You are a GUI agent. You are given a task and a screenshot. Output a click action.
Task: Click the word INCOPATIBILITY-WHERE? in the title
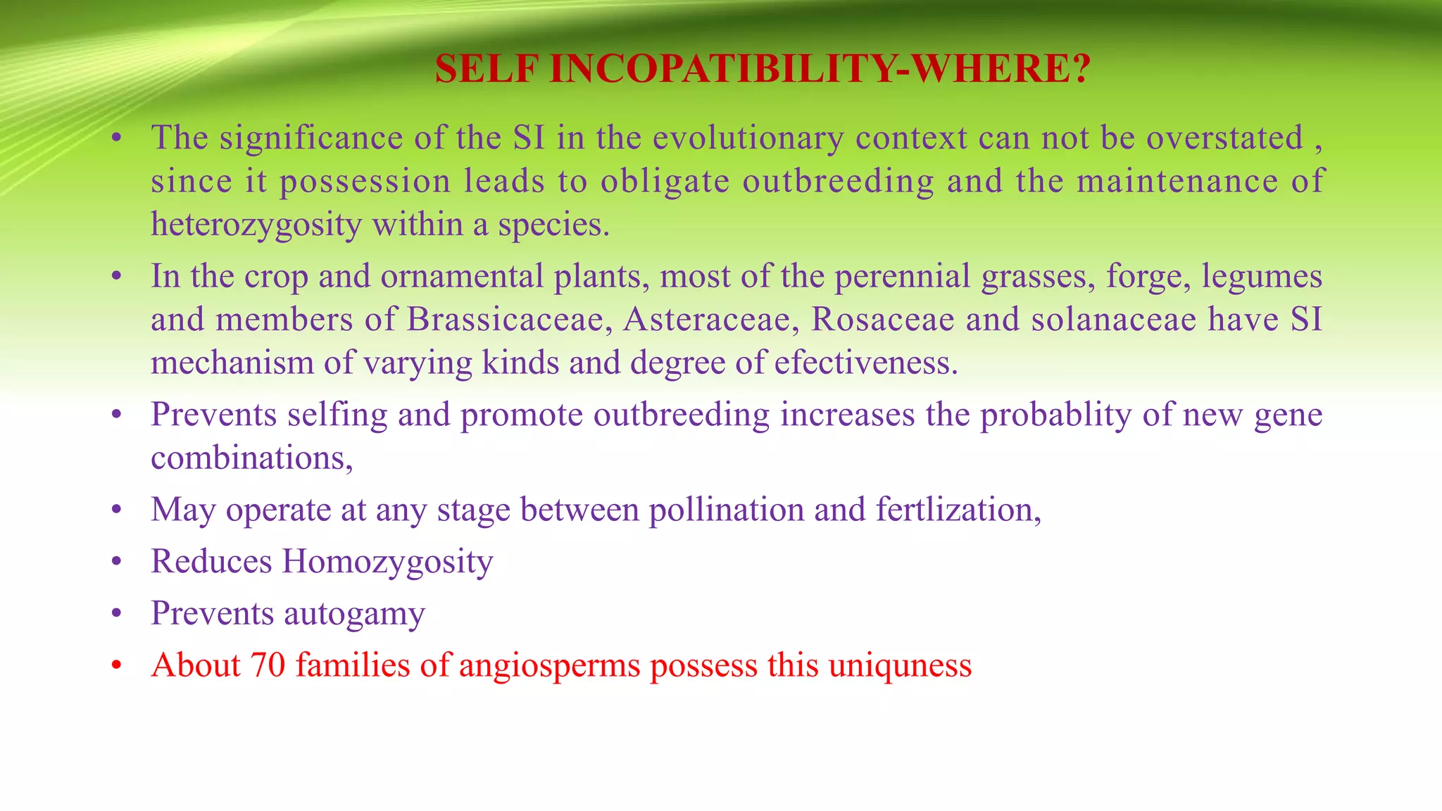pos(820,69)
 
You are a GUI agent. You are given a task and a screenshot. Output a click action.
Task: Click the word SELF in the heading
pos(487,69)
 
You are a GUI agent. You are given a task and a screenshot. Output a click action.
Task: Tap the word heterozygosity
pos(256,225)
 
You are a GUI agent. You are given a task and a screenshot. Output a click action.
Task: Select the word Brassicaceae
pos(505,320)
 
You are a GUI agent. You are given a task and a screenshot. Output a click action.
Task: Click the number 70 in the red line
pos(268,665)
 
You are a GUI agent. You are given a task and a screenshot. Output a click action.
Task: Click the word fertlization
pos(958,510)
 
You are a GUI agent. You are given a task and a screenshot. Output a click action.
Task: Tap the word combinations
pos(251,459)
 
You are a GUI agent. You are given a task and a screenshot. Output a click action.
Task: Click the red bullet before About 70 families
pos(117,665)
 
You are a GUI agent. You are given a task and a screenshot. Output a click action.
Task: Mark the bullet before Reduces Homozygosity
pos(117,562)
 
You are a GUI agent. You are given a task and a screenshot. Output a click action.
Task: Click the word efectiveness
pos(865,363)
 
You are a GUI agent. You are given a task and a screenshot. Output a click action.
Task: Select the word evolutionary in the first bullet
pos(748,138)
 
